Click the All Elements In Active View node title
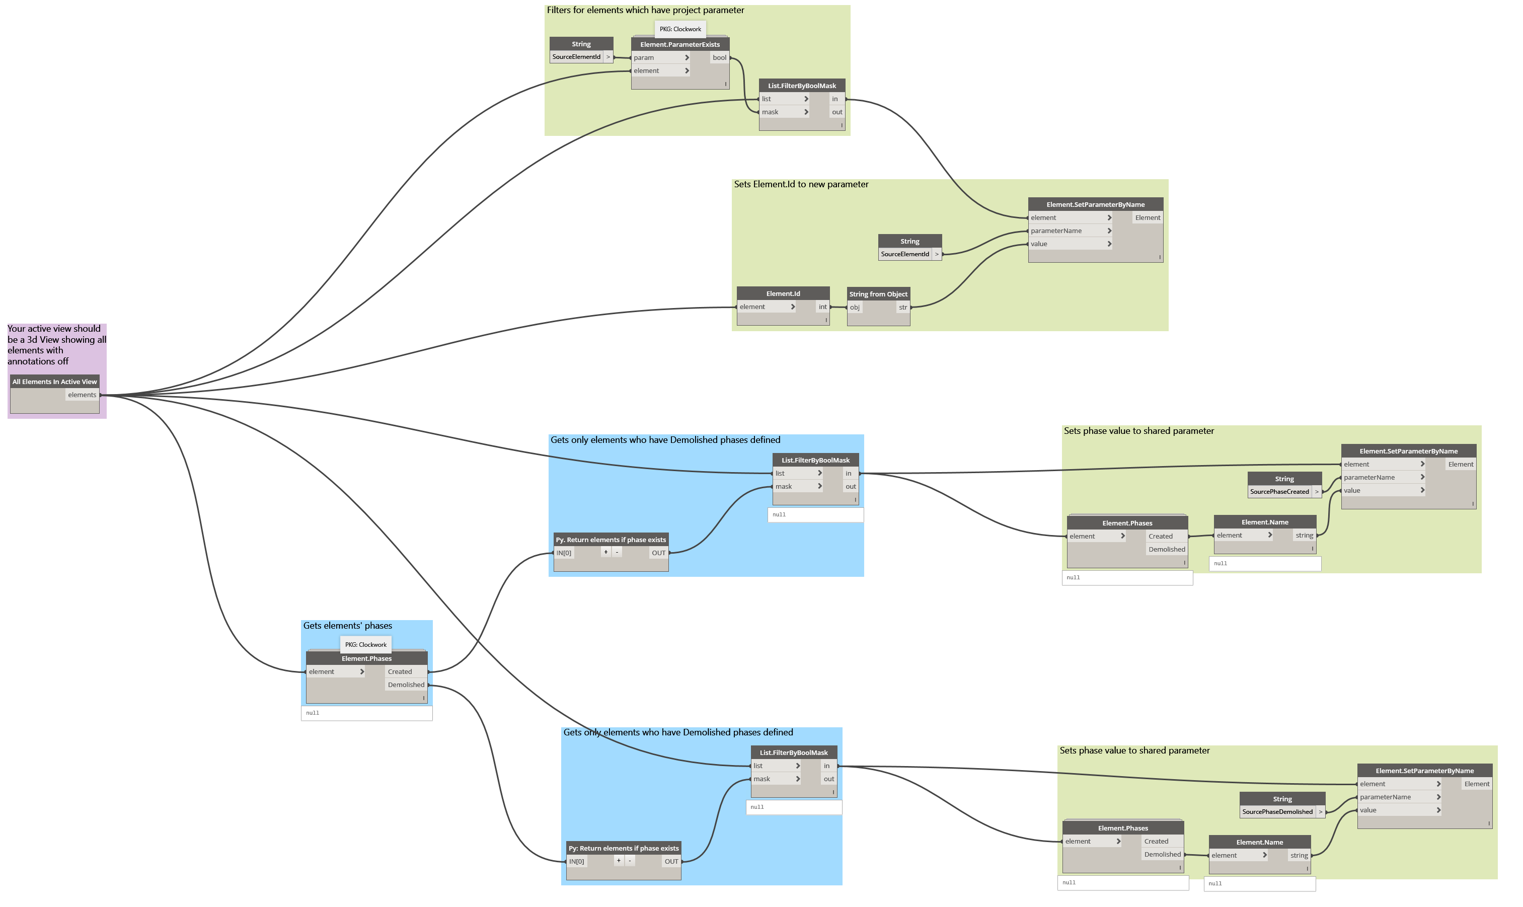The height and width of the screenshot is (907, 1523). click(x=54, y=382)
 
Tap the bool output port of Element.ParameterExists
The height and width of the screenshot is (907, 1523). click(x=719, y=58)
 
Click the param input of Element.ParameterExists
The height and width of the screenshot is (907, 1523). click(x=644, y=58)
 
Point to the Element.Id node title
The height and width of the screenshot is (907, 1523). click(x=783, y=294)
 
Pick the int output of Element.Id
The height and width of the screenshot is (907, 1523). click(x=822, y=308)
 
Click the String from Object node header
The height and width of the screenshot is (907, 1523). click(x=878, y=294)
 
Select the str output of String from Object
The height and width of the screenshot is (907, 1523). click(x=903, y=308)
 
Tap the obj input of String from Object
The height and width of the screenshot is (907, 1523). click(x=855, y=308)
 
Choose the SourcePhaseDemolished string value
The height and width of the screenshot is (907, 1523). click(x=1277, y=812)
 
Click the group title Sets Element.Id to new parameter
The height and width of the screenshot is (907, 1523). click(x=801, y=185)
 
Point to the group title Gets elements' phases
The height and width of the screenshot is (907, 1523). click(x=348, y=626)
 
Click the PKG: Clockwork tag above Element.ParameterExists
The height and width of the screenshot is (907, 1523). click(x=680, y=29)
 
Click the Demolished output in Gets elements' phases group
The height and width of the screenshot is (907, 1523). click(x=406, y=685)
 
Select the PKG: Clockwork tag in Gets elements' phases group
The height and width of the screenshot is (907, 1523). click(x=365, y=645)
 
